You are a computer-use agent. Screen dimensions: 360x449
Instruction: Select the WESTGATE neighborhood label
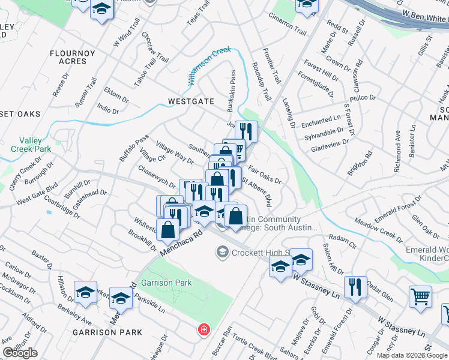[191, 101]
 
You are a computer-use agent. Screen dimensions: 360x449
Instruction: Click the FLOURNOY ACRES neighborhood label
[73, 57]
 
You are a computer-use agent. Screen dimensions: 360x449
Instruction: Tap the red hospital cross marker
[204, 329]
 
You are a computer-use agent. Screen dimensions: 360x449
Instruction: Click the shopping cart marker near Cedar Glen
[420, 296]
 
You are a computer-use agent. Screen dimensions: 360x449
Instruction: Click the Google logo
[20, 353]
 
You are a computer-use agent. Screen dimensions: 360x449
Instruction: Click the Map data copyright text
[412, 355]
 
